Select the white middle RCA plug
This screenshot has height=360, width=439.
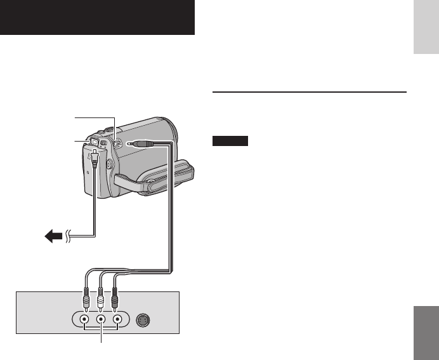(x=100, y=297)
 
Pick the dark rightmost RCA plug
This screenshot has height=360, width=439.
(x=115, y=297)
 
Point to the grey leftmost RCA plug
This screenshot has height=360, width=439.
(x=85, y=297)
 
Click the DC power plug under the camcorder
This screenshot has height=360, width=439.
(x=95, y=157)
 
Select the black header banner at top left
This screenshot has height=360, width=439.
(x=97, y=18)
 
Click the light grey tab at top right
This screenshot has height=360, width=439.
(x=424, y=36)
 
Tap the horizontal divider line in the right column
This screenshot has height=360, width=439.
(x=308, y=92)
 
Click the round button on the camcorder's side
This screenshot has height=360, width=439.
(x=109, y=164)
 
